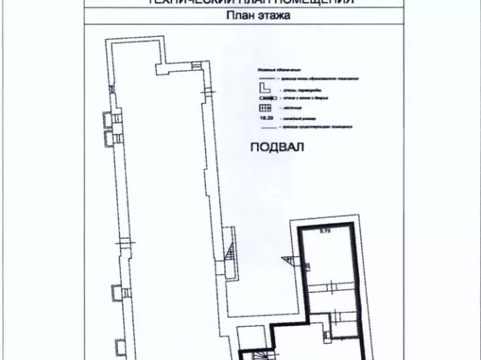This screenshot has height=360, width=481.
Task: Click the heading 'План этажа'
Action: coord(240,14)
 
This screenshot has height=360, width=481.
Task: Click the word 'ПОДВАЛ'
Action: coord(277,147)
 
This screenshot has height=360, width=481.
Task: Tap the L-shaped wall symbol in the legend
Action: coord(264,87)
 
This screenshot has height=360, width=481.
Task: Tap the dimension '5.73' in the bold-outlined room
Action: coord(326,232)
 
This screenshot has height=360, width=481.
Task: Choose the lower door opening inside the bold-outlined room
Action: coord(336,317)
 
